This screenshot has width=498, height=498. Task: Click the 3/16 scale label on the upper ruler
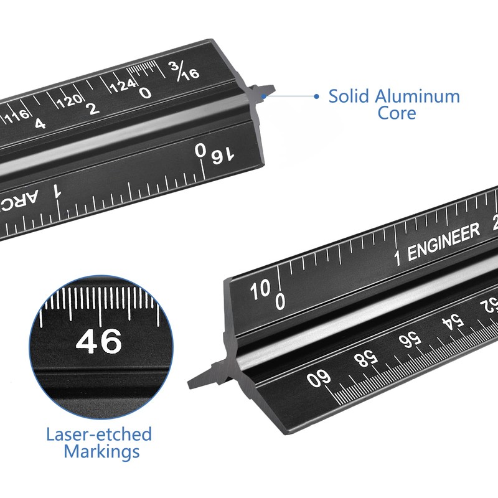tap(183, 70)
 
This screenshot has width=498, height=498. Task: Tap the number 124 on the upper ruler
tap(123, 85)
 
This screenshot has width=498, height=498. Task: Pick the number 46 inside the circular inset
tap(99, 342)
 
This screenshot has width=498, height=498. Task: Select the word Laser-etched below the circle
tap(99, 434)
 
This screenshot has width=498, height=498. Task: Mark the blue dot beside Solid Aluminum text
tap(316, 96)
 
